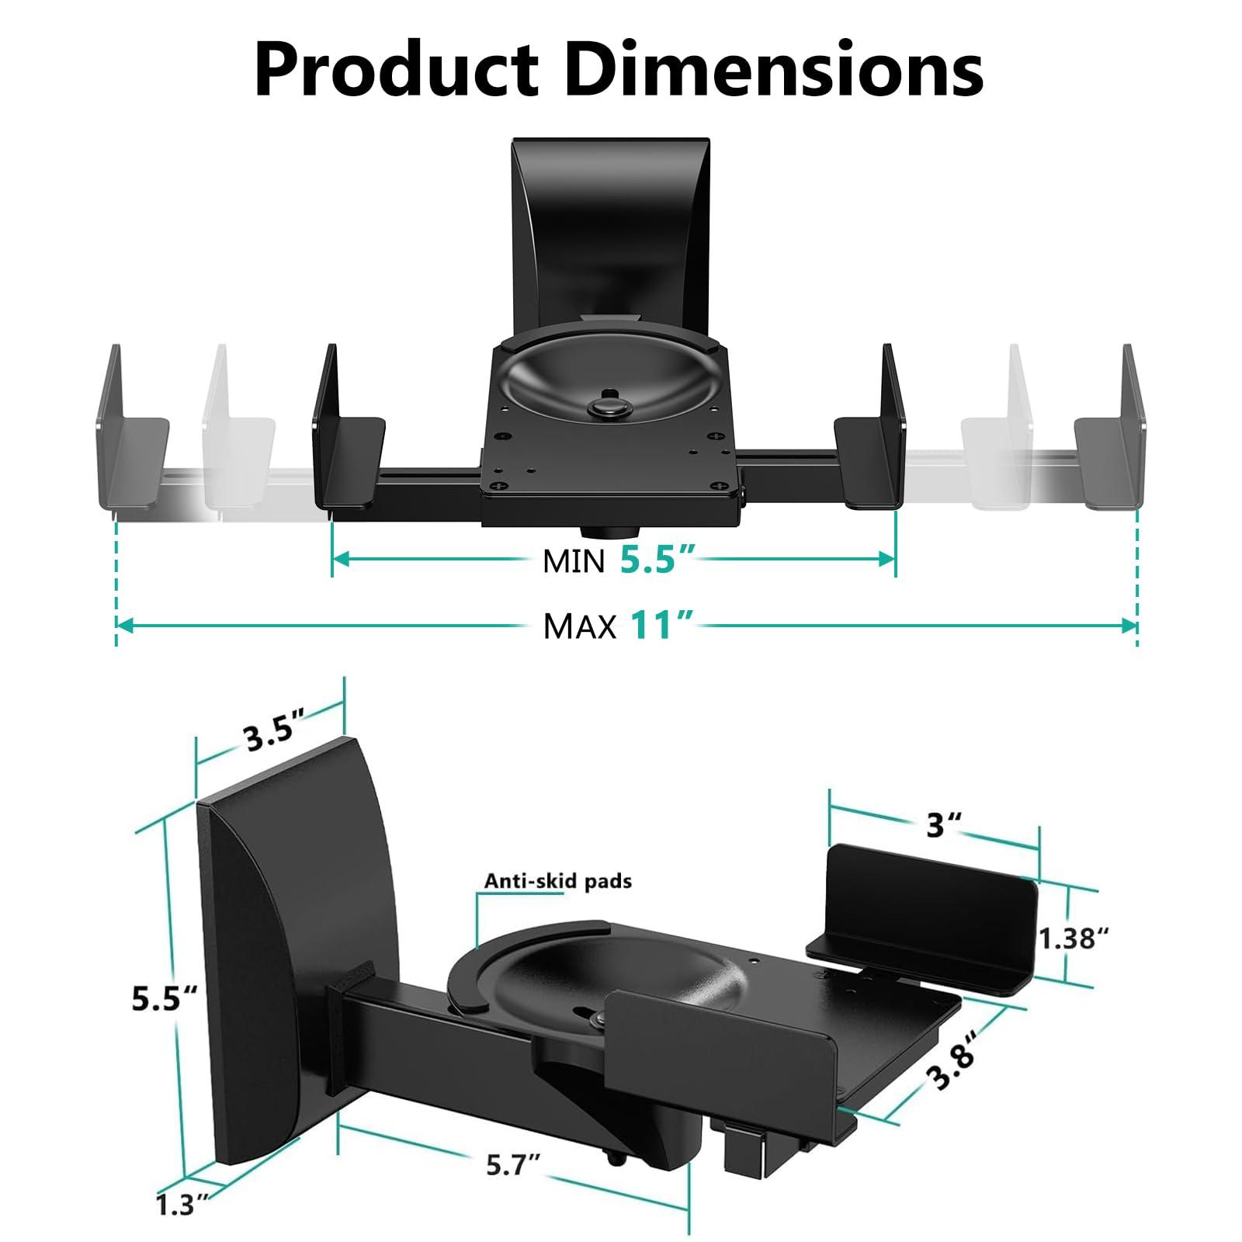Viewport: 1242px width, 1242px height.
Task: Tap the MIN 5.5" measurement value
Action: point(656,559)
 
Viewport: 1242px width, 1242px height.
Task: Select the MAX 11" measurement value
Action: point(660,624)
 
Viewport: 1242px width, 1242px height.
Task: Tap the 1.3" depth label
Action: point(182,1204)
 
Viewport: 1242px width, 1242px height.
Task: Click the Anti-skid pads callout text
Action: point(557,880)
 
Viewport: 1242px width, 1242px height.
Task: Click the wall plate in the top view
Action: point(611,225)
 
